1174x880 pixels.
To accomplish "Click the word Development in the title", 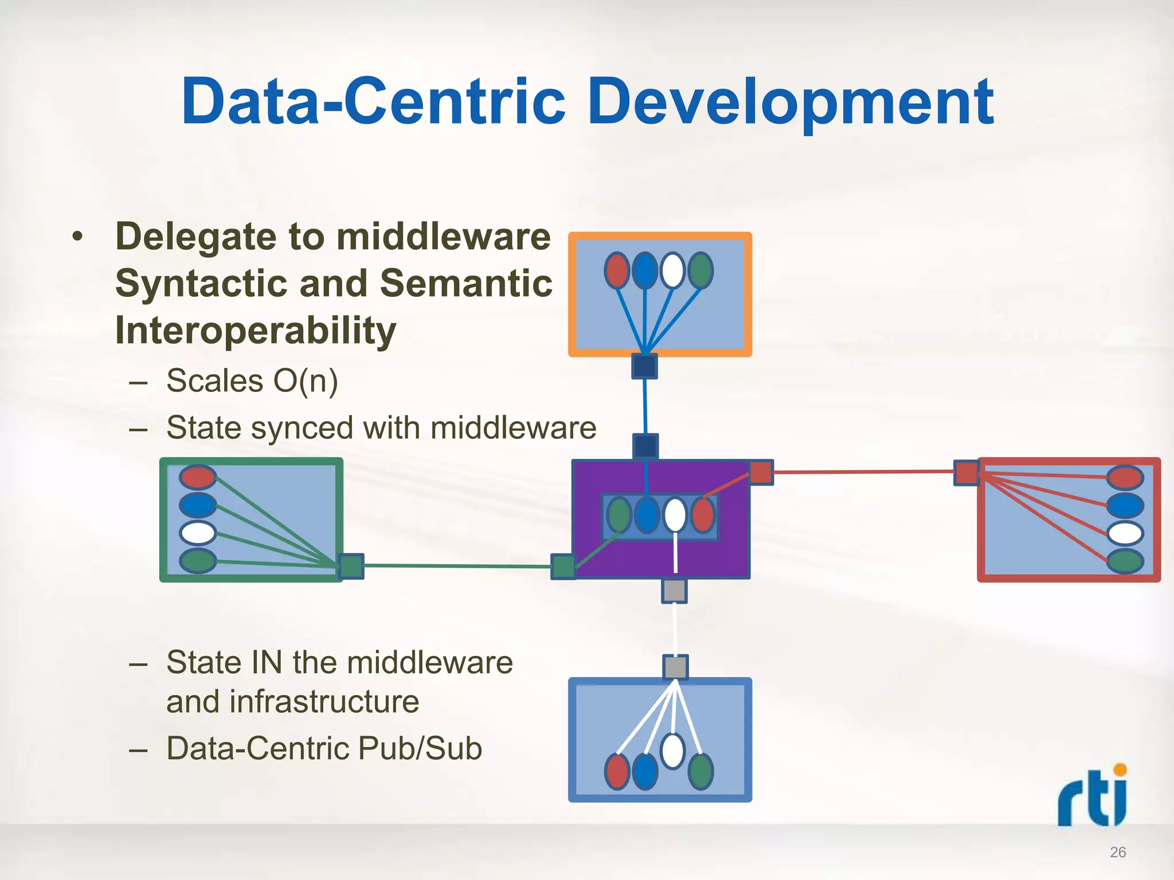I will pos(791,103).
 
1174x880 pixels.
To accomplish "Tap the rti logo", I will pos(1093,796).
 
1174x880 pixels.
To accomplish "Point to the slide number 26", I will pos(1118,852).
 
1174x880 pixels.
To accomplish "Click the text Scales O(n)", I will pos(252,381).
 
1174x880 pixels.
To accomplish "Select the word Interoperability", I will pos(256,331).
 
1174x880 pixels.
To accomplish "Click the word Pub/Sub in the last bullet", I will pos(420,748).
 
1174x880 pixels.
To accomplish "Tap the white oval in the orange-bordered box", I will pos(672,270).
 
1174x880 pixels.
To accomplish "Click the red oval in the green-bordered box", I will pos(198,477).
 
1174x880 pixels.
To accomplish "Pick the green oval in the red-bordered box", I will pos(1125,561).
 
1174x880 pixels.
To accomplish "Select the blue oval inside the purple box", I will pos(647,515).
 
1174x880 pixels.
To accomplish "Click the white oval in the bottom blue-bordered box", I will pos(672,751).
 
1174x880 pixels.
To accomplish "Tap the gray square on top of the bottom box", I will pos(675,667).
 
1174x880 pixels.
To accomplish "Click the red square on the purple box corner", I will pos(761,473).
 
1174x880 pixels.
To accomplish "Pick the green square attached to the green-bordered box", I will pos(351,566).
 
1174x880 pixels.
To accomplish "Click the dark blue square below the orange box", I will pos(644,366).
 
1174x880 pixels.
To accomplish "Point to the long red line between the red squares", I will pos(863,472).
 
